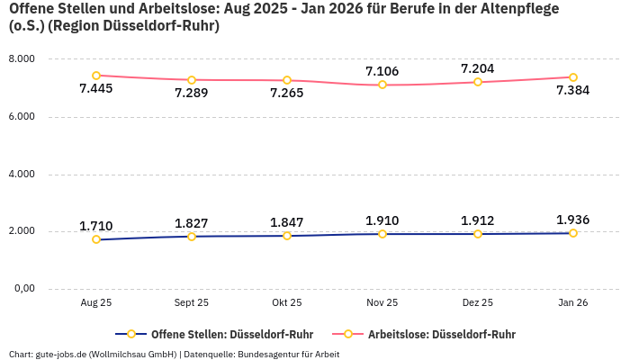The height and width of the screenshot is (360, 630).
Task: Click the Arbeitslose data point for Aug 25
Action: [x=96, y=76]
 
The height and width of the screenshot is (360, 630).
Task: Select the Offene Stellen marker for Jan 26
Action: [x=573, y=233]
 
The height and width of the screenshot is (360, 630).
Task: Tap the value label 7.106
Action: [x=382, y=71]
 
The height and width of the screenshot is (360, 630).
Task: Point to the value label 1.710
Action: [x=96, y=226]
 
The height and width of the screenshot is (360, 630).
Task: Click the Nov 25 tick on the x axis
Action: [x=382, y=303]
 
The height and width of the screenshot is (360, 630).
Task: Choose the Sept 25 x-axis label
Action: [x=192, y=303]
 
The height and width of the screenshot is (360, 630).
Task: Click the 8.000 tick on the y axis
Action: [x=21, y=58]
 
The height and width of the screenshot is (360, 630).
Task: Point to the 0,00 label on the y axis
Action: [x=22, y=289]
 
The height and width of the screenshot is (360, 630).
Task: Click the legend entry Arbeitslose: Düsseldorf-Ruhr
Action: [x=441, y=334]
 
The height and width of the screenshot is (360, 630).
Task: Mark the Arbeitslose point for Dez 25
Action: [x=478, y=82]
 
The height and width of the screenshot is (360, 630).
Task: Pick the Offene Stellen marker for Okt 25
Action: [x=287, y=236]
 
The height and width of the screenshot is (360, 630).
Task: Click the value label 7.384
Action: [x=573, y=90]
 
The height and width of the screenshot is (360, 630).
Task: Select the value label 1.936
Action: [x=573, y=220]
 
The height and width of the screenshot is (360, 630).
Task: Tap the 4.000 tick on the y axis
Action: [x=21, y=174]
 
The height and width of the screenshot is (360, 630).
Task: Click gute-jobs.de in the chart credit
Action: [x=58, y=354]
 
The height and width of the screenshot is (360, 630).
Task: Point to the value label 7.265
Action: [x=287, y=93]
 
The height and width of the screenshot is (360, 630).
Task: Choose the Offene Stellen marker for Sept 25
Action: [x=192, y=237]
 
